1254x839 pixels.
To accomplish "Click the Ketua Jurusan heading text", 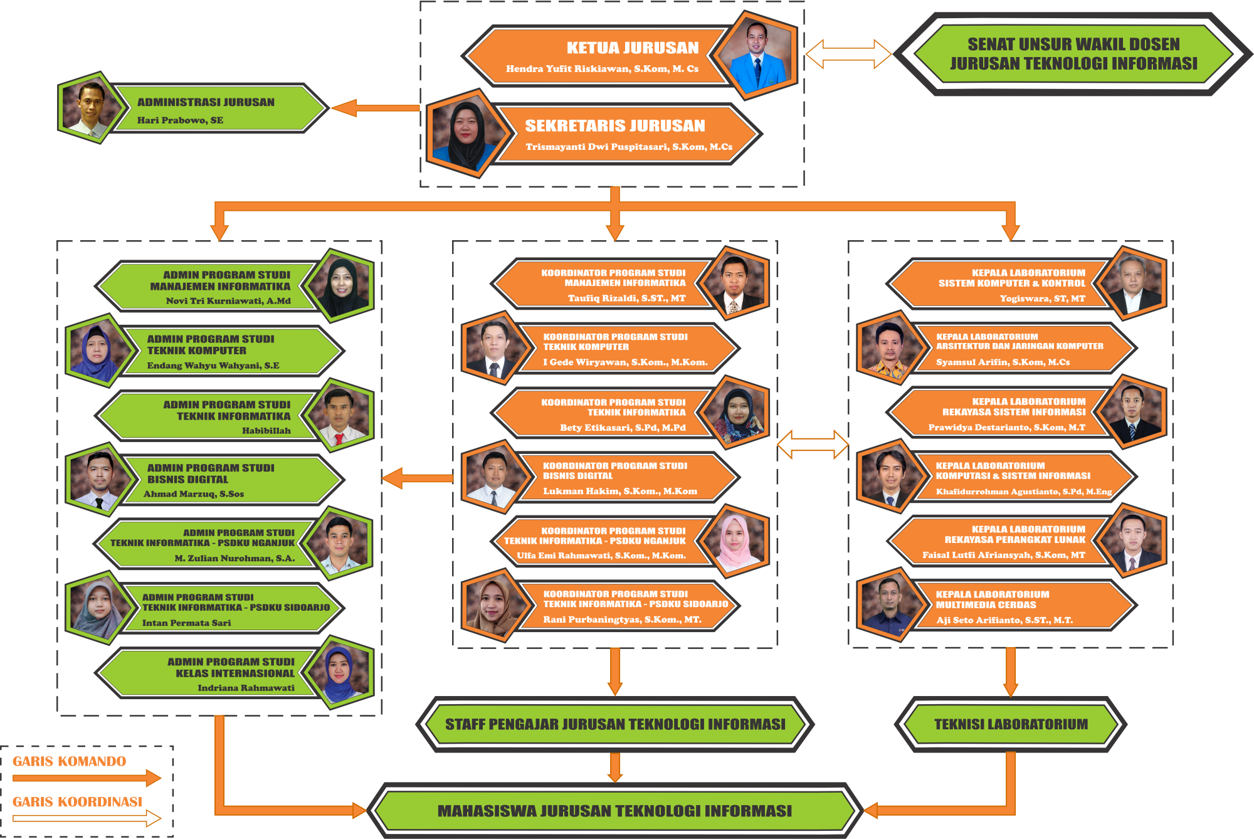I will [632, 48].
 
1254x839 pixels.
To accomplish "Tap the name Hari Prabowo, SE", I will [180, 120].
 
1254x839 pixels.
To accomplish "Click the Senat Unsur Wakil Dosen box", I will [1073, 54].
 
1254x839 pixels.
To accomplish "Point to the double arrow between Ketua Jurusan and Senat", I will [848, 54].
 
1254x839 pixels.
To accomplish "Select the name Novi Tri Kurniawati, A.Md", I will [228, 301].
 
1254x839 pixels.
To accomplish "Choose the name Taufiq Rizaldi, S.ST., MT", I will [626, 298].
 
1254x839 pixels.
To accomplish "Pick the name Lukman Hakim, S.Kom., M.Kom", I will [619, 492].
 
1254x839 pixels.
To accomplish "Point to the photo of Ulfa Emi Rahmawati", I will [734, 541].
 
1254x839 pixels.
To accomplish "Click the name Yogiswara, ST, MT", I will [1042, 298].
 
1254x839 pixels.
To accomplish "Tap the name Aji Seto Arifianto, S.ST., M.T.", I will [1004, 620].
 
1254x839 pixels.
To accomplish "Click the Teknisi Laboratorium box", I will [1011, 724].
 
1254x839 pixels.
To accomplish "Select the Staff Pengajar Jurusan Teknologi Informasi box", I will [615, 724].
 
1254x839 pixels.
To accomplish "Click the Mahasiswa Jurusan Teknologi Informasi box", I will [614, 811].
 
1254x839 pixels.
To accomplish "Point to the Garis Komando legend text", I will [69, 761].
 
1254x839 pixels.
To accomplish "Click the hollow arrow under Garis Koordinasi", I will [87, 818].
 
